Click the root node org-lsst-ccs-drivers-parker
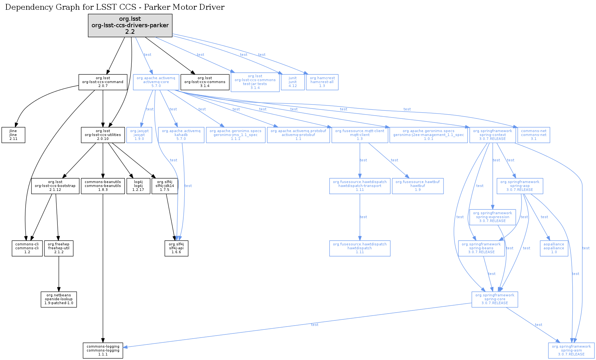(130, 25)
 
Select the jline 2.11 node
(13, 135)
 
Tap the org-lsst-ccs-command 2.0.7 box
(103, 82)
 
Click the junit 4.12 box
(293, 82)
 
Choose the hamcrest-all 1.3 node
(322, 82)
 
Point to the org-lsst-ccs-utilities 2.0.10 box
(103, 135)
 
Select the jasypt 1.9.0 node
(139, 135)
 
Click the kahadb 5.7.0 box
(181, 135)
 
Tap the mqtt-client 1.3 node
(359, 135)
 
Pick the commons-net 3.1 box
(533, 135)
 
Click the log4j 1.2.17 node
(138, 186)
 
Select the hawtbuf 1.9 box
(418, 186)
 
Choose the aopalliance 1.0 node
(554, 248)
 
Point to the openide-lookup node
(59, 299)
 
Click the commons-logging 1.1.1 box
(103, 351)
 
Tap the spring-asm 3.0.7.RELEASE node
(571, 351)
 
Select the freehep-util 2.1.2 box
(59, 248)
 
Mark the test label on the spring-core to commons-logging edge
(314, 325)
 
